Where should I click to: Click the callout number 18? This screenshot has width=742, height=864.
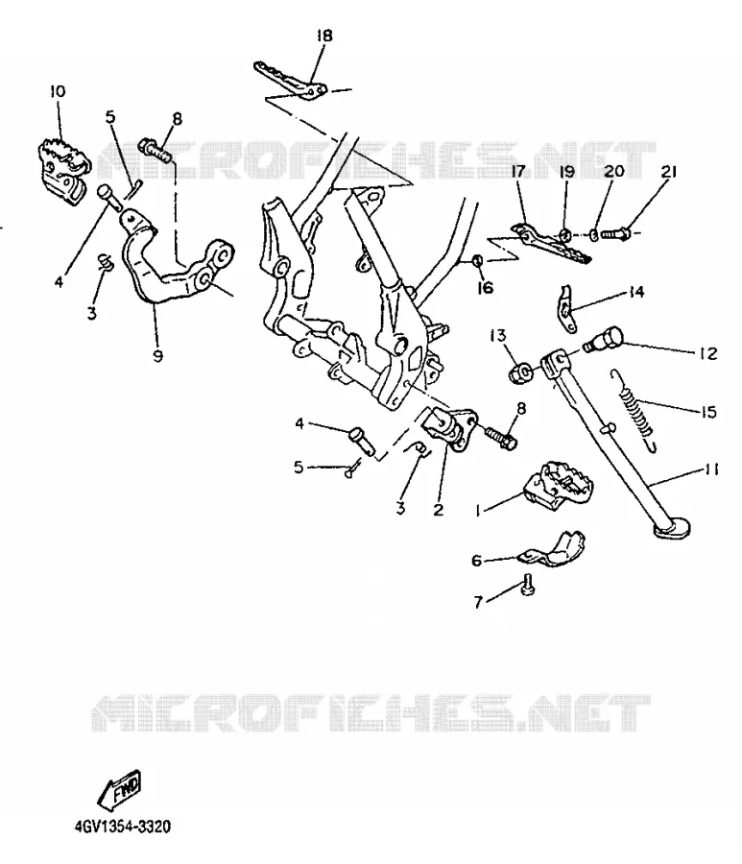pos(324,36)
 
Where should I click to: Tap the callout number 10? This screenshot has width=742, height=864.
pos(58,91)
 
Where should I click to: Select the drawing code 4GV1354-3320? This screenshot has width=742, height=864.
pos(122,826)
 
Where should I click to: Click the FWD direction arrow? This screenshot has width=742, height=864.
pos(120,788)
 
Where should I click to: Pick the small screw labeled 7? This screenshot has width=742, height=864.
pos(528,584)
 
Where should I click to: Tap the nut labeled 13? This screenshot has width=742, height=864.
pos(520,373)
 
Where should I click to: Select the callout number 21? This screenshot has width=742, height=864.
pos(668,172)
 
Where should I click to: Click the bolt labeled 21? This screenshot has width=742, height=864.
pos(613,234)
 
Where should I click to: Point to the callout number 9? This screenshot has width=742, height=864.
pos(158,356)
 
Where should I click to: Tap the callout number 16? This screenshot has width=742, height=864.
pos(485,288)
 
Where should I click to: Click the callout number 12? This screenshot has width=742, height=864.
pos(708,353)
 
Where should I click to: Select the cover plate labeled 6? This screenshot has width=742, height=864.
pos(554,549)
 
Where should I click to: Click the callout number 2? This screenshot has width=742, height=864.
pos(438,510)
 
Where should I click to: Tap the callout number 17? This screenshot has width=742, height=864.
pos(518,172)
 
